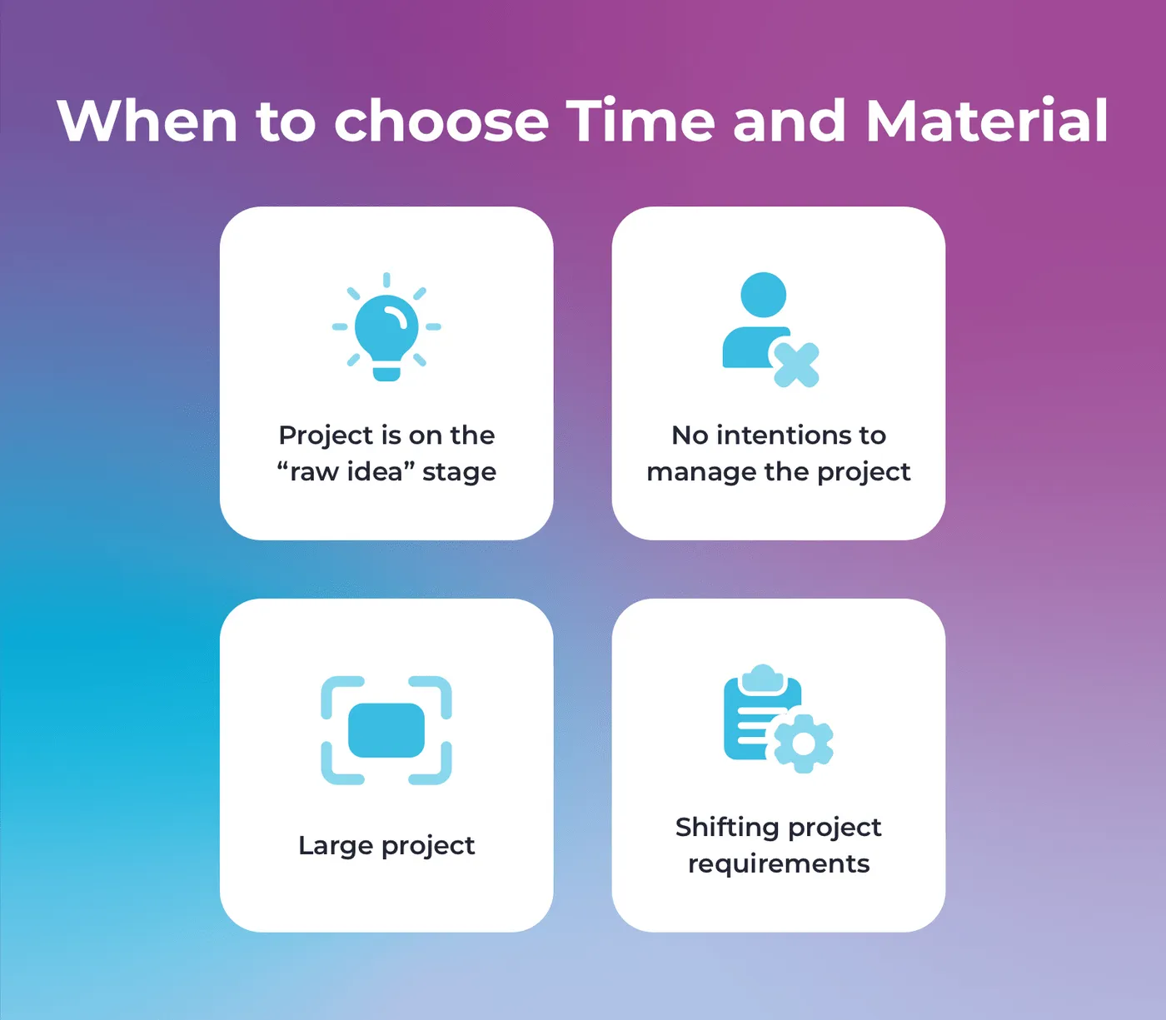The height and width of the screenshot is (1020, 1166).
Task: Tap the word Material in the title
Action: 986,120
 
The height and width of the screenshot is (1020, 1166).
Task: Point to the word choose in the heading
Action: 441,120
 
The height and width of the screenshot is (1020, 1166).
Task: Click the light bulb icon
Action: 386,327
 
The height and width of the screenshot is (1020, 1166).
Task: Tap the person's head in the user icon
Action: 763,295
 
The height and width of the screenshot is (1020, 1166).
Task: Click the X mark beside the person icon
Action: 797,365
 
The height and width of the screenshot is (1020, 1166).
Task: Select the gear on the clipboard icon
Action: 804,743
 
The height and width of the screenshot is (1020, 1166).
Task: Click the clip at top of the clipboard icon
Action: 763,679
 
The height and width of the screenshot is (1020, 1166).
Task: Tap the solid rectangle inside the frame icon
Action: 386,730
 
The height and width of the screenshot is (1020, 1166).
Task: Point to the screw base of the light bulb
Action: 386,373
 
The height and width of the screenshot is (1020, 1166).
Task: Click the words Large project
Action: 386,846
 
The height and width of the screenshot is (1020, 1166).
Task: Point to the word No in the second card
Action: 690,435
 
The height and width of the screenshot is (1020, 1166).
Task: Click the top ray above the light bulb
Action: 386,280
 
